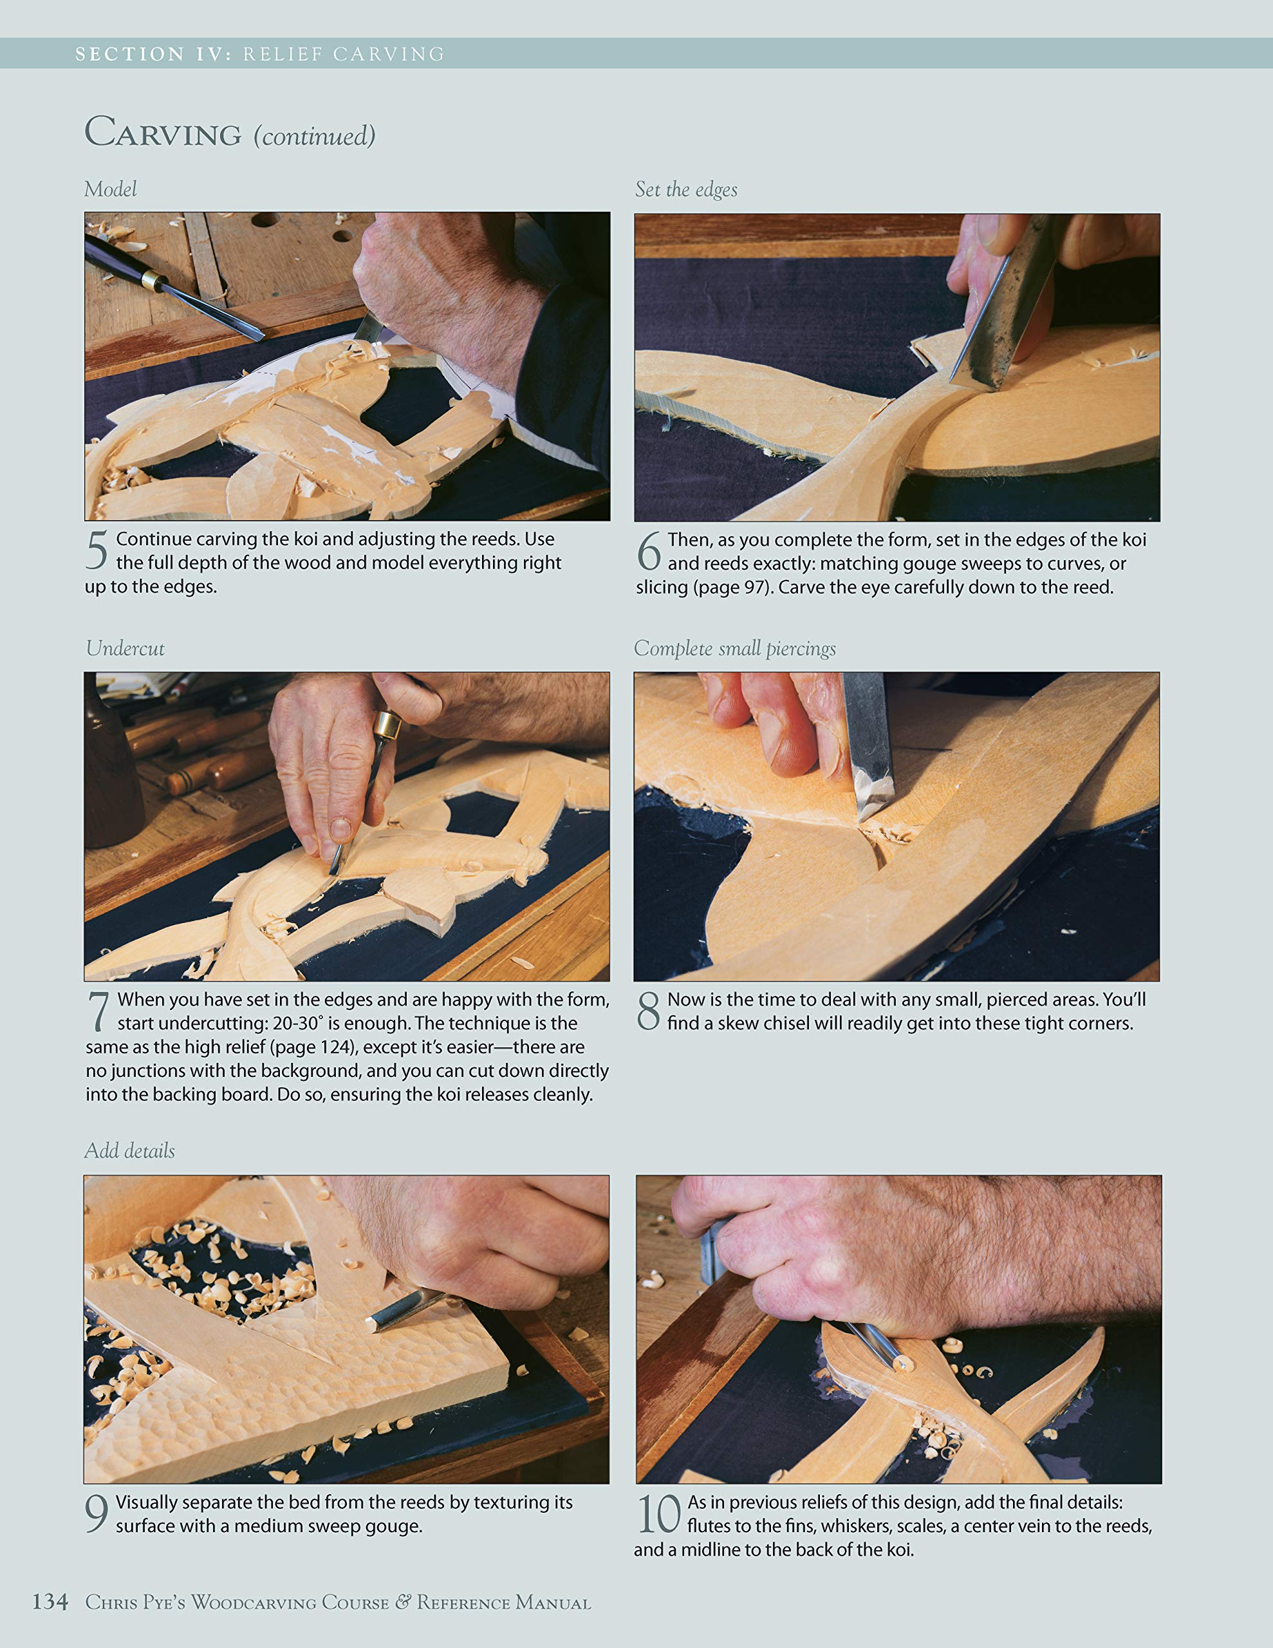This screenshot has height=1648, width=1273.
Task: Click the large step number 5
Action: [x=97, y=551]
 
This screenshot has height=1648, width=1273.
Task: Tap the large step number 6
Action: [x=649, y=552]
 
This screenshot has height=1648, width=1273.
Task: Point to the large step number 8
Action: [x=648, y=1011]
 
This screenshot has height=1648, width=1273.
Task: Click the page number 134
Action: [x=50, y=1601]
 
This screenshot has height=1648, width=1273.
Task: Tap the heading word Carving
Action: [x=163, y=133]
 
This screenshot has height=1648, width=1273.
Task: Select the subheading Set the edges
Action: [x=685, y=189]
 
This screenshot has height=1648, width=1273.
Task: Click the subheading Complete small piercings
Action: [x=734, y=648]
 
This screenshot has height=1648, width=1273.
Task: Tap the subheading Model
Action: [x=110, y=189]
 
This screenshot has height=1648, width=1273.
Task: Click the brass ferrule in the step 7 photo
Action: [x=387, y=726]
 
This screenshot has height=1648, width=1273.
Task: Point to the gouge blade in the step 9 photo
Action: [x=400, y=1310]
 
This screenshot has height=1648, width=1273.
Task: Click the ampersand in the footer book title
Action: [x=403, y=1601]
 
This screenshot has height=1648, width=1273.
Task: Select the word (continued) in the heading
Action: [x=314, y=136]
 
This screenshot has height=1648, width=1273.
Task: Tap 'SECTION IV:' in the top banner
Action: [x=153, y=54]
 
